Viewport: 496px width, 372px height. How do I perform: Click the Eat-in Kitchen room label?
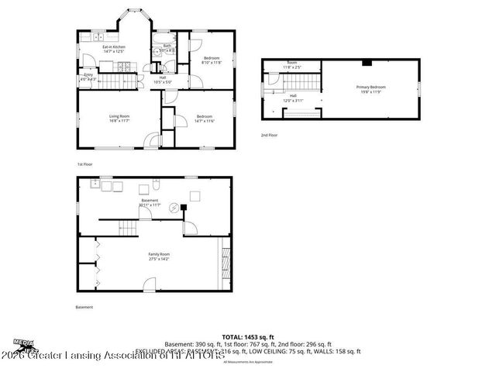[x=114, y=49]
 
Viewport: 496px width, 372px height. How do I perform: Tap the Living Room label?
[x=119, y=119]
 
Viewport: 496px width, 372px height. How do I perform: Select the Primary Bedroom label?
[x=370, y=89]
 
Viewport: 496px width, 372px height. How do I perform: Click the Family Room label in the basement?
[x=160, y=257]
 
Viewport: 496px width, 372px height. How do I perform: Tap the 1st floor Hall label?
[x=163, y=79]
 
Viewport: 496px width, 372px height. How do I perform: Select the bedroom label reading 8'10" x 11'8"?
[x=212, y=60]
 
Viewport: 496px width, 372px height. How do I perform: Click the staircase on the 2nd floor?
[x=306, y=81]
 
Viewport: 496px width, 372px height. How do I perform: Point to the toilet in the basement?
[x=157, y=186]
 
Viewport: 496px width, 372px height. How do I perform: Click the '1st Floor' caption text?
[x=85, y=164]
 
